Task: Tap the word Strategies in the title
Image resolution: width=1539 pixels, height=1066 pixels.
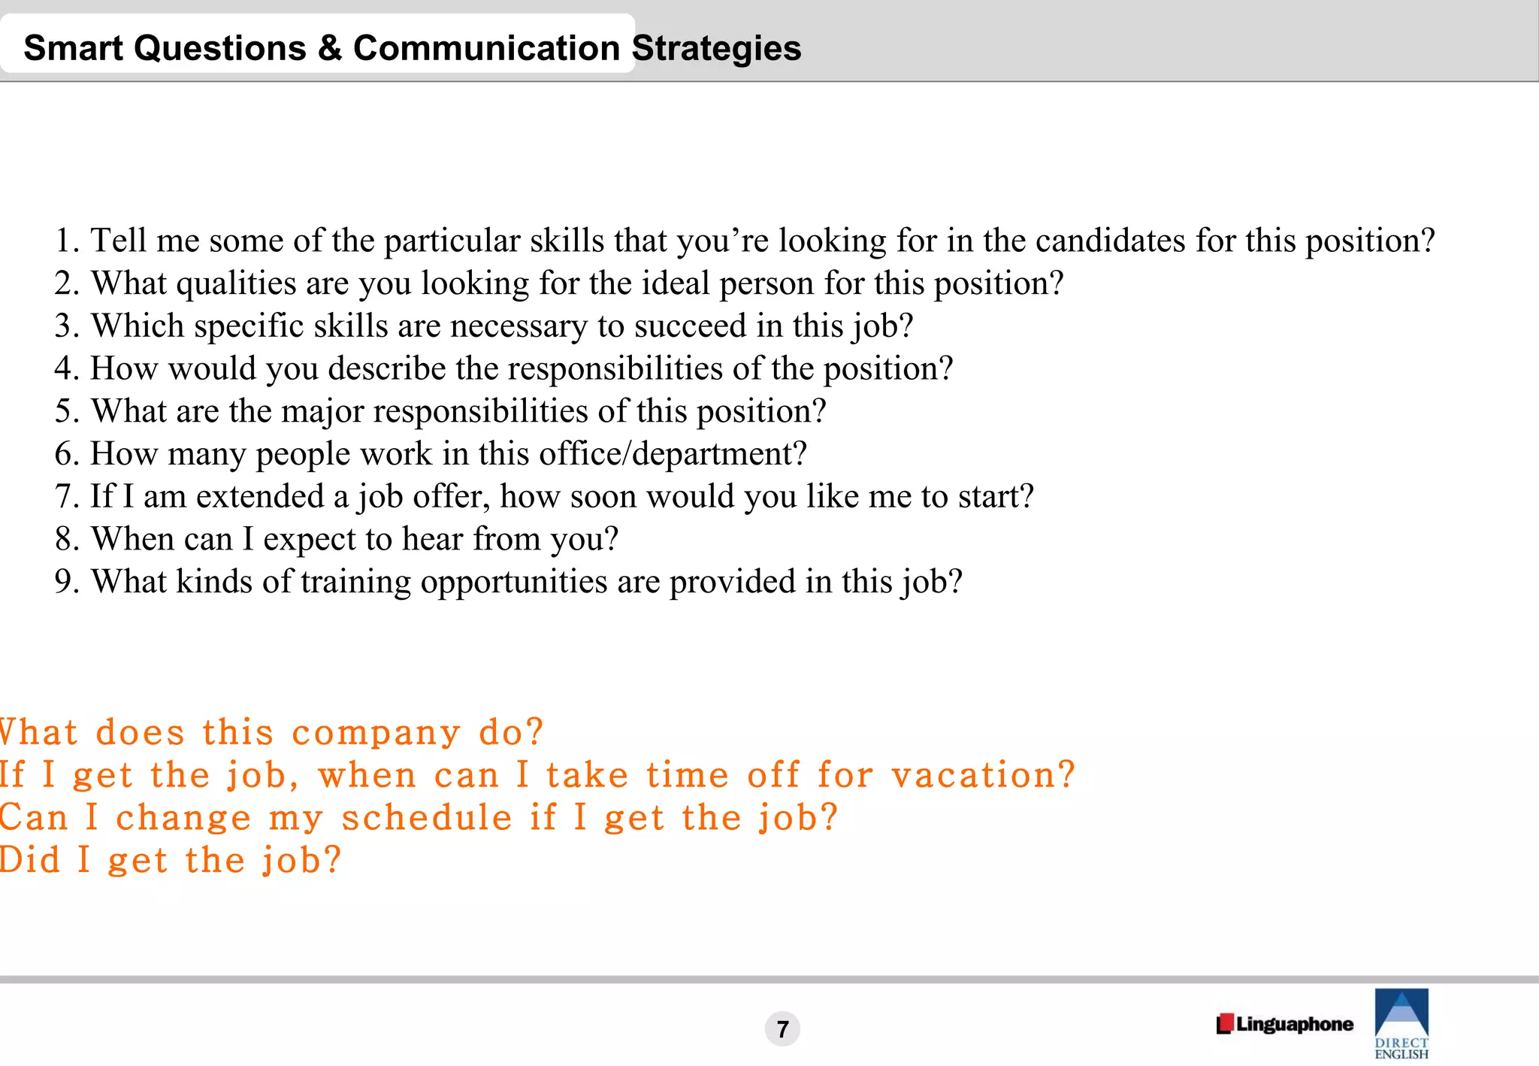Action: pos(716,49)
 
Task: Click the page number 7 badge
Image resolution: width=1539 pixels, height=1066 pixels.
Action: pos(782,1028)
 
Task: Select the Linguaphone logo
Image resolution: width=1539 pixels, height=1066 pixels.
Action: pos(1284,1024)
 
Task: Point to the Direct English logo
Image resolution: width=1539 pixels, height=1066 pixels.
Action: pos(1401,1023)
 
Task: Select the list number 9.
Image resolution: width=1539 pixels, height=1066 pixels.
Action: pos(65,583)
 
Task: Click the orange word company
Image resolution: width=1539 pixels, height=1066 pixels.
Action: pos(376,733)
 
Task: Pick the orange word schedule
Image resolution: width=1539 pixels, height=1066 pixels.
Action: pos(426,818)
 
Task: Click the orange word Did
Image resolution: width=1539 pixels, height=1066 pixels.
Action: pos(30,860)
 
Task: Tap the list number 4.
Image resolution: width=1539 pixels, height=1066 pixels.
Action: pos(65,369)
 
